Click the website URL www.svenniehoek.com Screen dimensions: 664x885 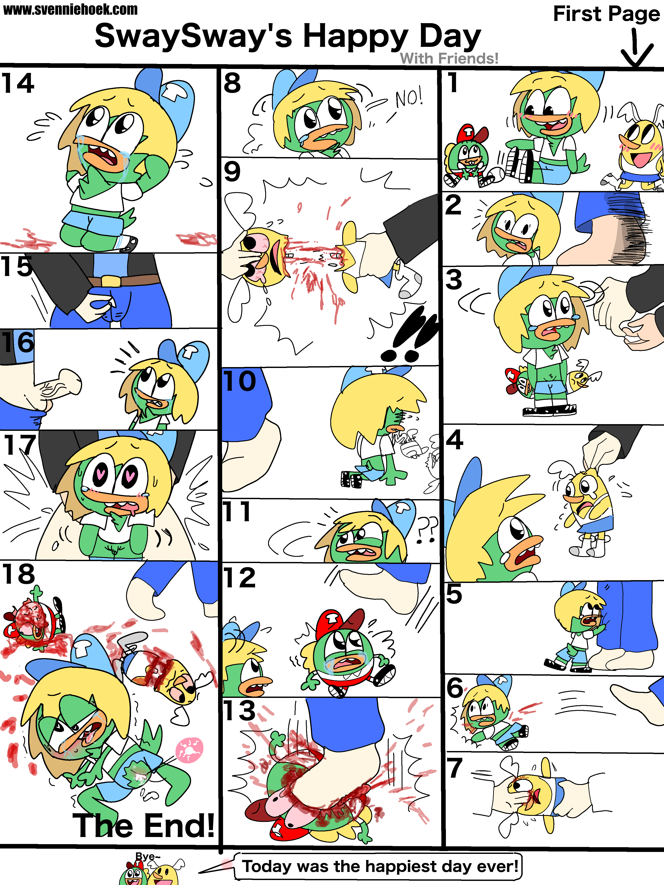point(70,10)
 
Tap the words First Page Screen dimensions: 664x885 point(606,14)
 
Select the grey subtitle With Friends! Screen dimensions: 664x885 point(449,58)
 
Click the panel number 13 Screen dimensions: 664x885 point(239,711)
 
